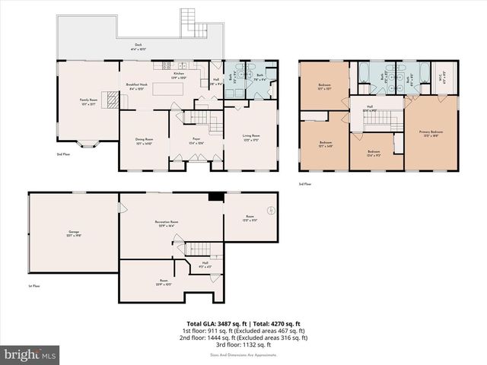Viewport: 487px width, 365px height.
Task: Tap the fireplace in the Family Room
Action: point(111,100)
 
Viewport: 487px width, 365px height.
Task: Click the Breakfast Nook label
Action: point(138,86)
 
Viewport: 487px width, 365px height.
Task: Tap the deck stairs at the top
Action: point(193,23)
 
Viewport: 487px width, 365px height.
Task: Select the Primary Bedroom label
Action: point(431,132)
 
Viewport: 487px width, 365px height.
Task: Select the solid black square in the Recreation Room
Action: point(215,196)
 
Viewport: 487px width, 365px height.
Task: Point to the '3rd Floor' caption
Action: point(306,183)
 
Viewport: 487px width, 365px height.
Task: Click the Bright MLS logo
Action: point(30,354)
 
